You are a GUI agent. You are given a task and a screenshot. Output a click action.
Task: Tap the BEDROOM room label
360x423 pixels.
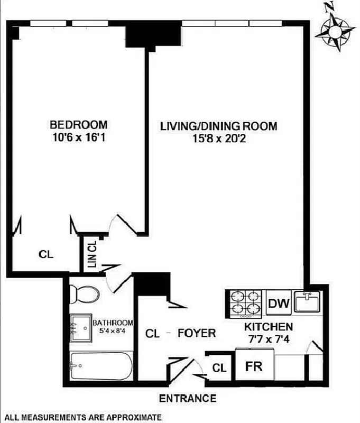click(78, 125)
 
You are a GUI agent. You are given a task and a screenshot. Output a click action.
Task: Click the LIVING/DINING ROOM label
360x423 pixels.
click(219, 126)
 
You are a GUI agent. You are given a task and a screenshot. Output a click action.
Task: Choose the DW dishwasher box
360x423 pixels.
click(277, 304)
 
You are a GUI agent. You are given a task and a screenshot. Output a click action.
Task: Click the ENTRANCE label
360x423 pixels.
click(188, 398)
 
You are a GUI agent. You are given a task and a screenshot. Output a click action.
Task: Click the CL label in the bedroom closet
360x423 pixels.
click(47, 254)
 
